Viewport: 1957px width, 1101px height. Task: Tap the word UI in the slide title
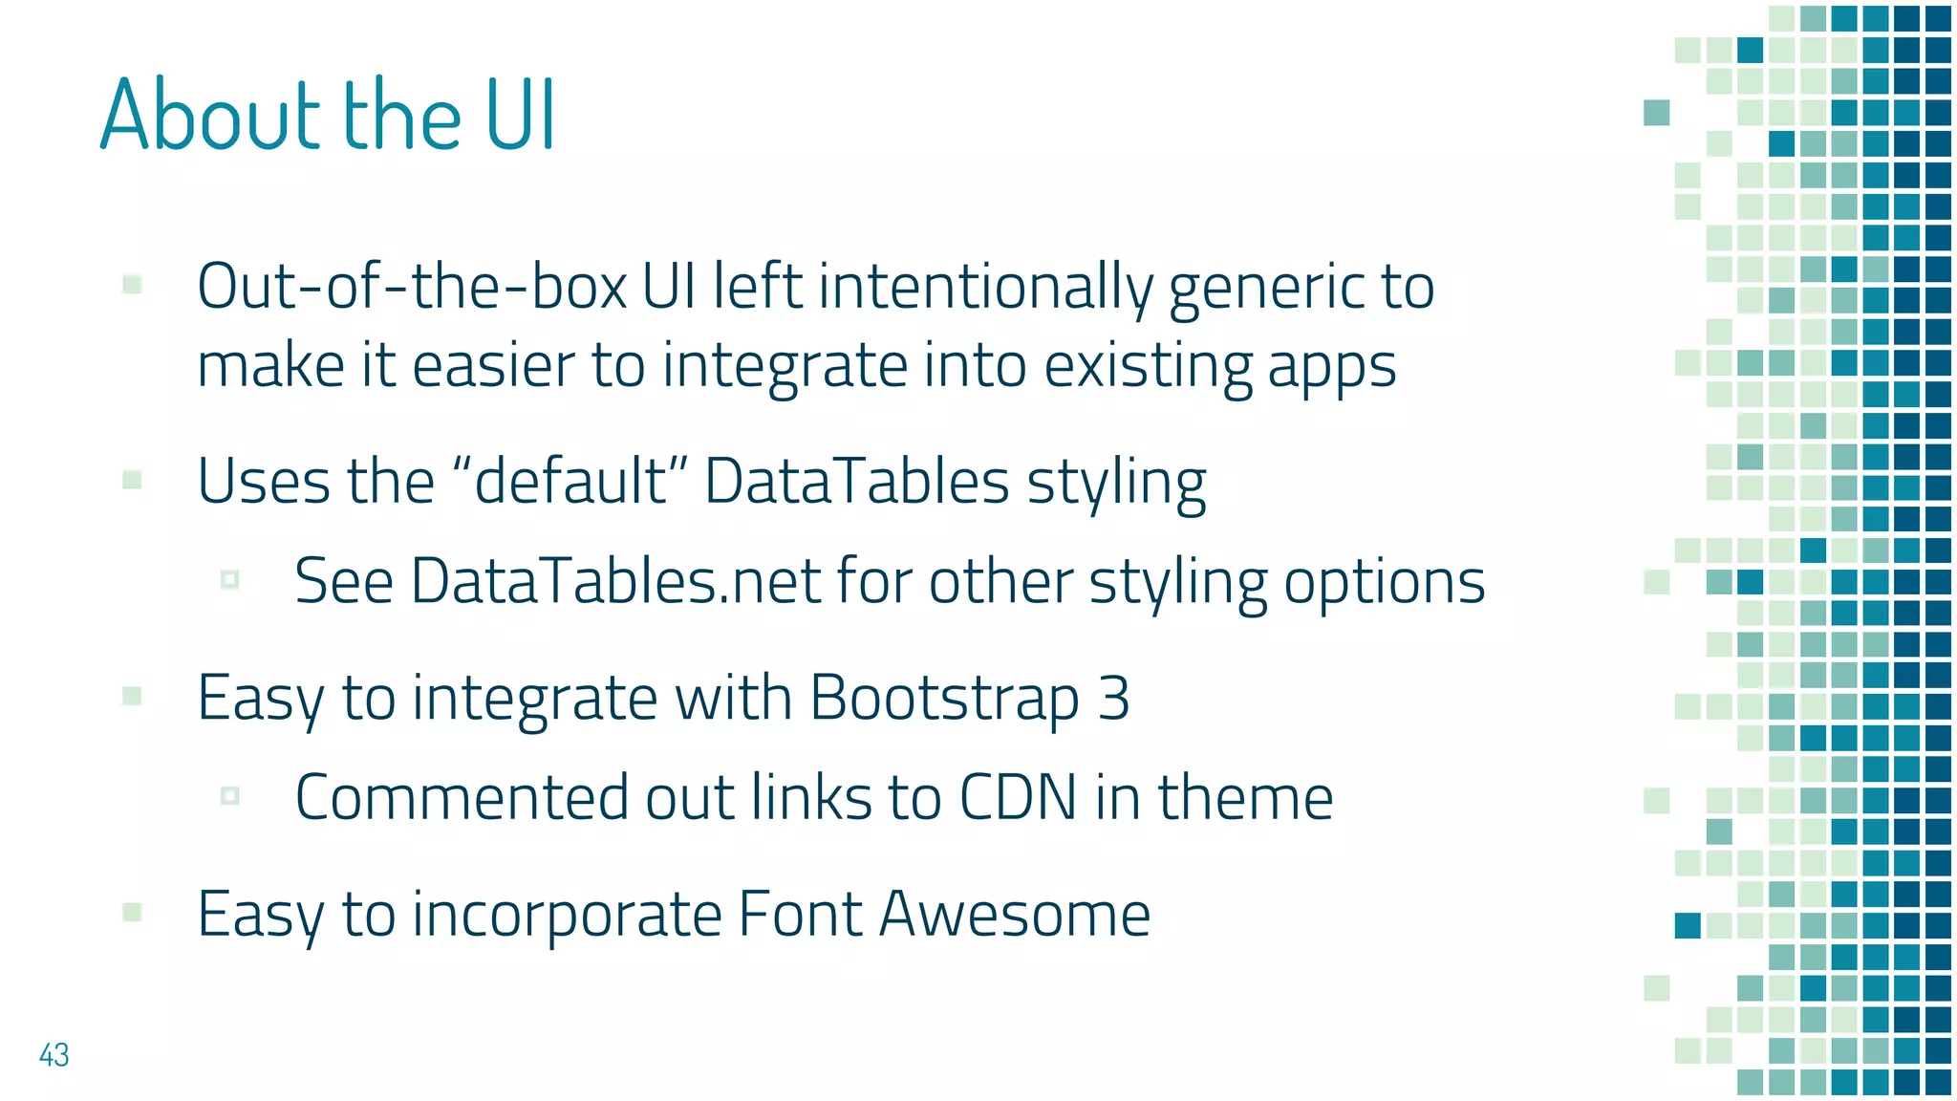tap(521, 115)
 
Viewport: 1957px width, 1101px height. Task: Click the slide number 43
tap(54, 1055)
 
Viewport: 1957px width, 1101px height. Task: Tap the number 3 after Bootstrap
tap(1113, 698)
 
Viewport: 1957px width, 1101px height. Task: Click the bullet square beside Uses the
tap(133, 480)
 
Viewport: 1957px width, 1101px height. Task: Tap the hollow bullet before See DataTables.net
tap(229, 579)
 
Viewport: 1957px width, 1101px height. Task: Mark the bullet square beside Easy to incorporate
tap(133, 913)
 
